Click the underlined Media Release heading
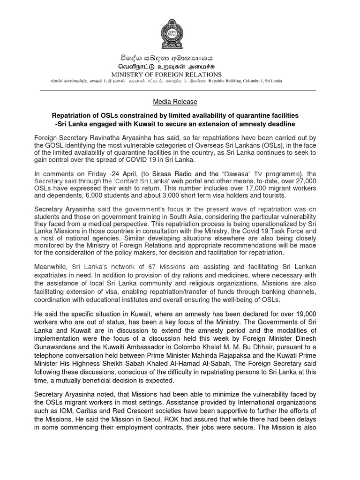click(x=175, y=102)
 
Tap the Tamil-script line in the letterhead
click(x=175, y=67)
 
